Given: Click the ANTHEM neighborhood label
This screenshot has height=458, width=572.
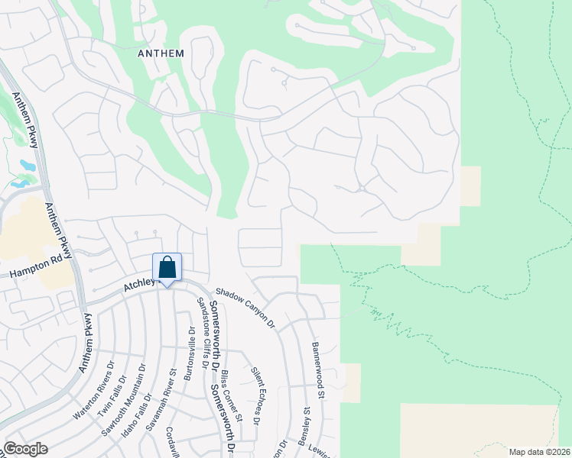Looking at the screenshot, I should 161,53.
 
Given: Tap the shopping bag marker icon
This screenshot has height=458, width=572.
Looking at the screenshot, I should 167,268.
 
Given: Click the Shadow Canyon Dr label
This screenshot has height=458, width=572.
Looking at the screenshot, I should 245,306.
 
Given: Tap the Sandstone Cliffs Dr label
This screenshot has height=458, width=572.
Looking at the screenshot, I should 203,332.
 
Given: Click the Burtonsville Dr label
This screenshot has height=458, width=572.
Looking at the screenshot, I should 189,354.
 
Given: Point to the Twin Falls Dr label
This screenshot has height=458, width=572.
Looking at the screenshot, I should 111,395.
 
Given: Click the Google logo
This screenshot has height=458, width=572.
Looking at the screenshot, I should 25,449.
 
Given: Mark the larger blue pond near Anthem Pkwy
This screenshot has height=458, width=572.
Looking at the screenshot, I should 28,165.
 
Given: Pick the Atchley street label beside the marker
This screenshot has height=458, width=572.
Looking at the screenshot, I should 140,285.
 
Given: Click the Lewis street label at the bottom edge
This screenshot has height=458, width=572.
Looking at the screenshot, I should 322,450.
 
